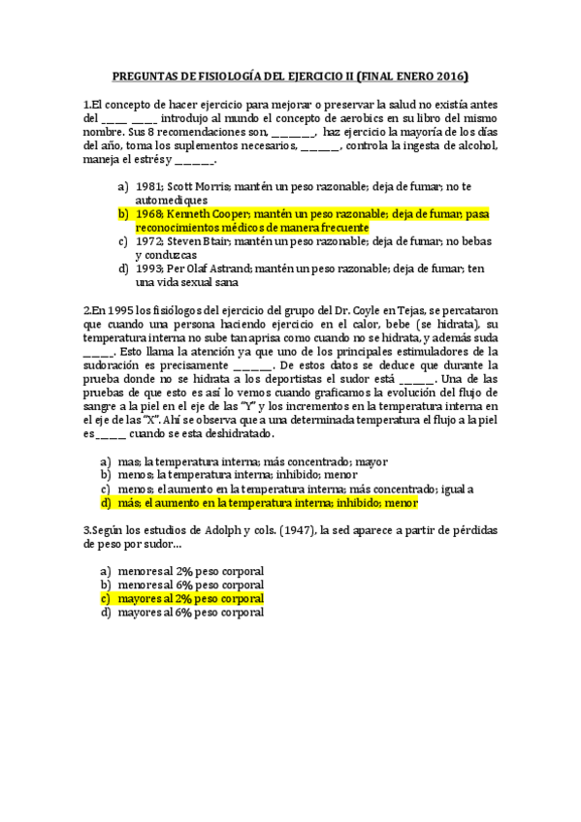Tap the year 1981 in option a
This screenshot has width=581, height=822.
coord(148,185)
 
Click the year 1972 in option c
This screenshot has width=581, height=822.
coord(148,240)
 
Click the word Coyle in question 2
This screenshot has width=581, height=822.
coord(399,309)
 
